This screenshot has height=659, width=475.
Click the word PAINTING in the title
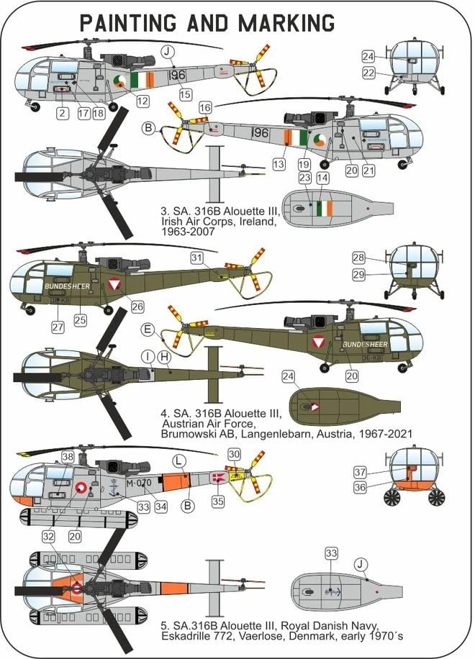(128, 23)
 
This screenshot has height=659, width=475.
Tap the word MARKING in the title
(286, 23)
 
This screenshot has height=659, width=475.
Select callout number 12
(143, 101)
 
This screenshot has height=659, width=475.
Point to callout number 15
(186, 94)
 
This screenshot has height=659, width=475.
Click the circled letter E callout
(148, 329)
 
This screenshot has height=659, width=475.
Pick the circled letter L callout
(178, 461)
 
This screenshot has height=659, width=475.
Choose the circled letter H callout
(164, 358)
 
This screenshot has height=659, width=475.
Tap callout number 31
(196, 258)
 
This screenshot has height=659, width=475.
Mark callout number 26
(137, 306)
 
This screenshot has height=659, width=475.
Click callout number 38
(68, 456)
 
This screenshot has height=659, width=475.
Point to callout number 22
(368, 73)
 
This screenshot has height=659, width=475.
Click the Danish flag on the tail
(218, 477)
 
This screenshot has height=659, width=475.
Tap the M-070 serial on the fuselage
(139, 483)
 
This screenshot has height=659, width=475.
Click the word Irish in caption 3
(171, 221)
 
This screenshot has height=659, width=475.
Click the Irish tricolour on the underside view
(324, 209)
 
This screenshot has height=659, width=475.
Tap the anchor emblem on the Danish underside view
(332, 592)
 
